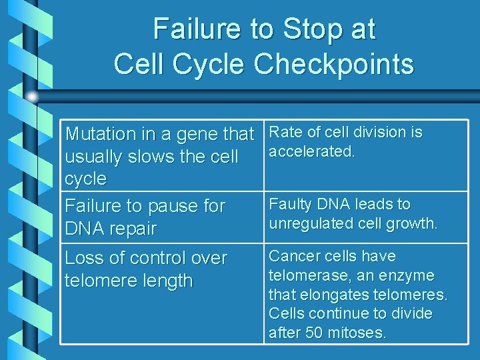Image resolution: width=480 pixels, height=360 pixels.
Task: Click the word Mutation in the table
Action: coord(101,134)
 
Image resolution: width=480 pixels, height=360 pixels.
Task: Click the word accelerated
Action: coord(311,151)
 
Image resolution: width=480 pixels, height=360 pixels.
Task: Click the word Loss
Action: coord(85,258)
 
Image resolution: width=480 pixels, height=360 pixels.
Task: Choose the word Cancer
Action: coord(295,256)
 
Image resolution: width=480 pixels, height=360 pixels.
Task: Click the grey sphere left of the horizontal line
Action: coord(32,97)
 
